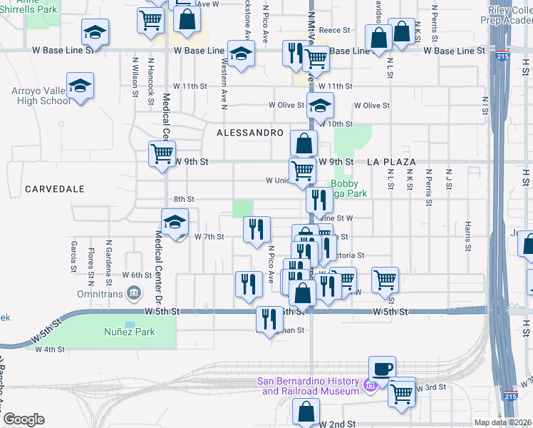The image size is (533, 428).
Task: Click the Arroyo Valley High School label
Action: coord(41,96)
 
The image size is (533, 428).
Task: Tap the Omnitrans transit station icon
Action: coord(133,293)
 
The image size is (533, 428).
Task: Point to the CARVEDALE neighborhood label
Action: coord(54,189)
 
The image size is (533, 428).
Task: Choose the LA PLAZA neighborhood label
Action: coord(391,162)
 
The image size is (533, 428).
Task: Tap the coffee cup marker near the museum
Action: coord(382,369)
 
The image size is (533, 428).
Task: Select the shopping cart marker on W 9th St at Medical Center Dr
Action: coord(162,153)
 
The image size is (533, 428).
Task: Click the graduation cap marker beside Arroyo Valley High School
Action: coord(81,86)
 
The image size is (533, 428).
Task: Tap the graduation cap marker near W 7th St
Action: coord(175,221)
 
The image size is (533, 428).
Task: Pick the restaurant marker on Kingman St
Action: coord(269,318)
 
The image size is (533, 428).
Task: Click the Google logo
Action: coord(24,419)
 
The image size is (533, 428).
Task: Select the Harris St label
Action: coord(468,235)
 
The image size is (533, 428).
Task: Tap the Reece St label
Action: coord(336,30)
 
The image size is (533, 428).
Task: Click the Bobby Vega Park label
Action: coord(348,188)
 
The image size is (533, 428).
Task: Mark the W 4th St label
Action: coord(50,350)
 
